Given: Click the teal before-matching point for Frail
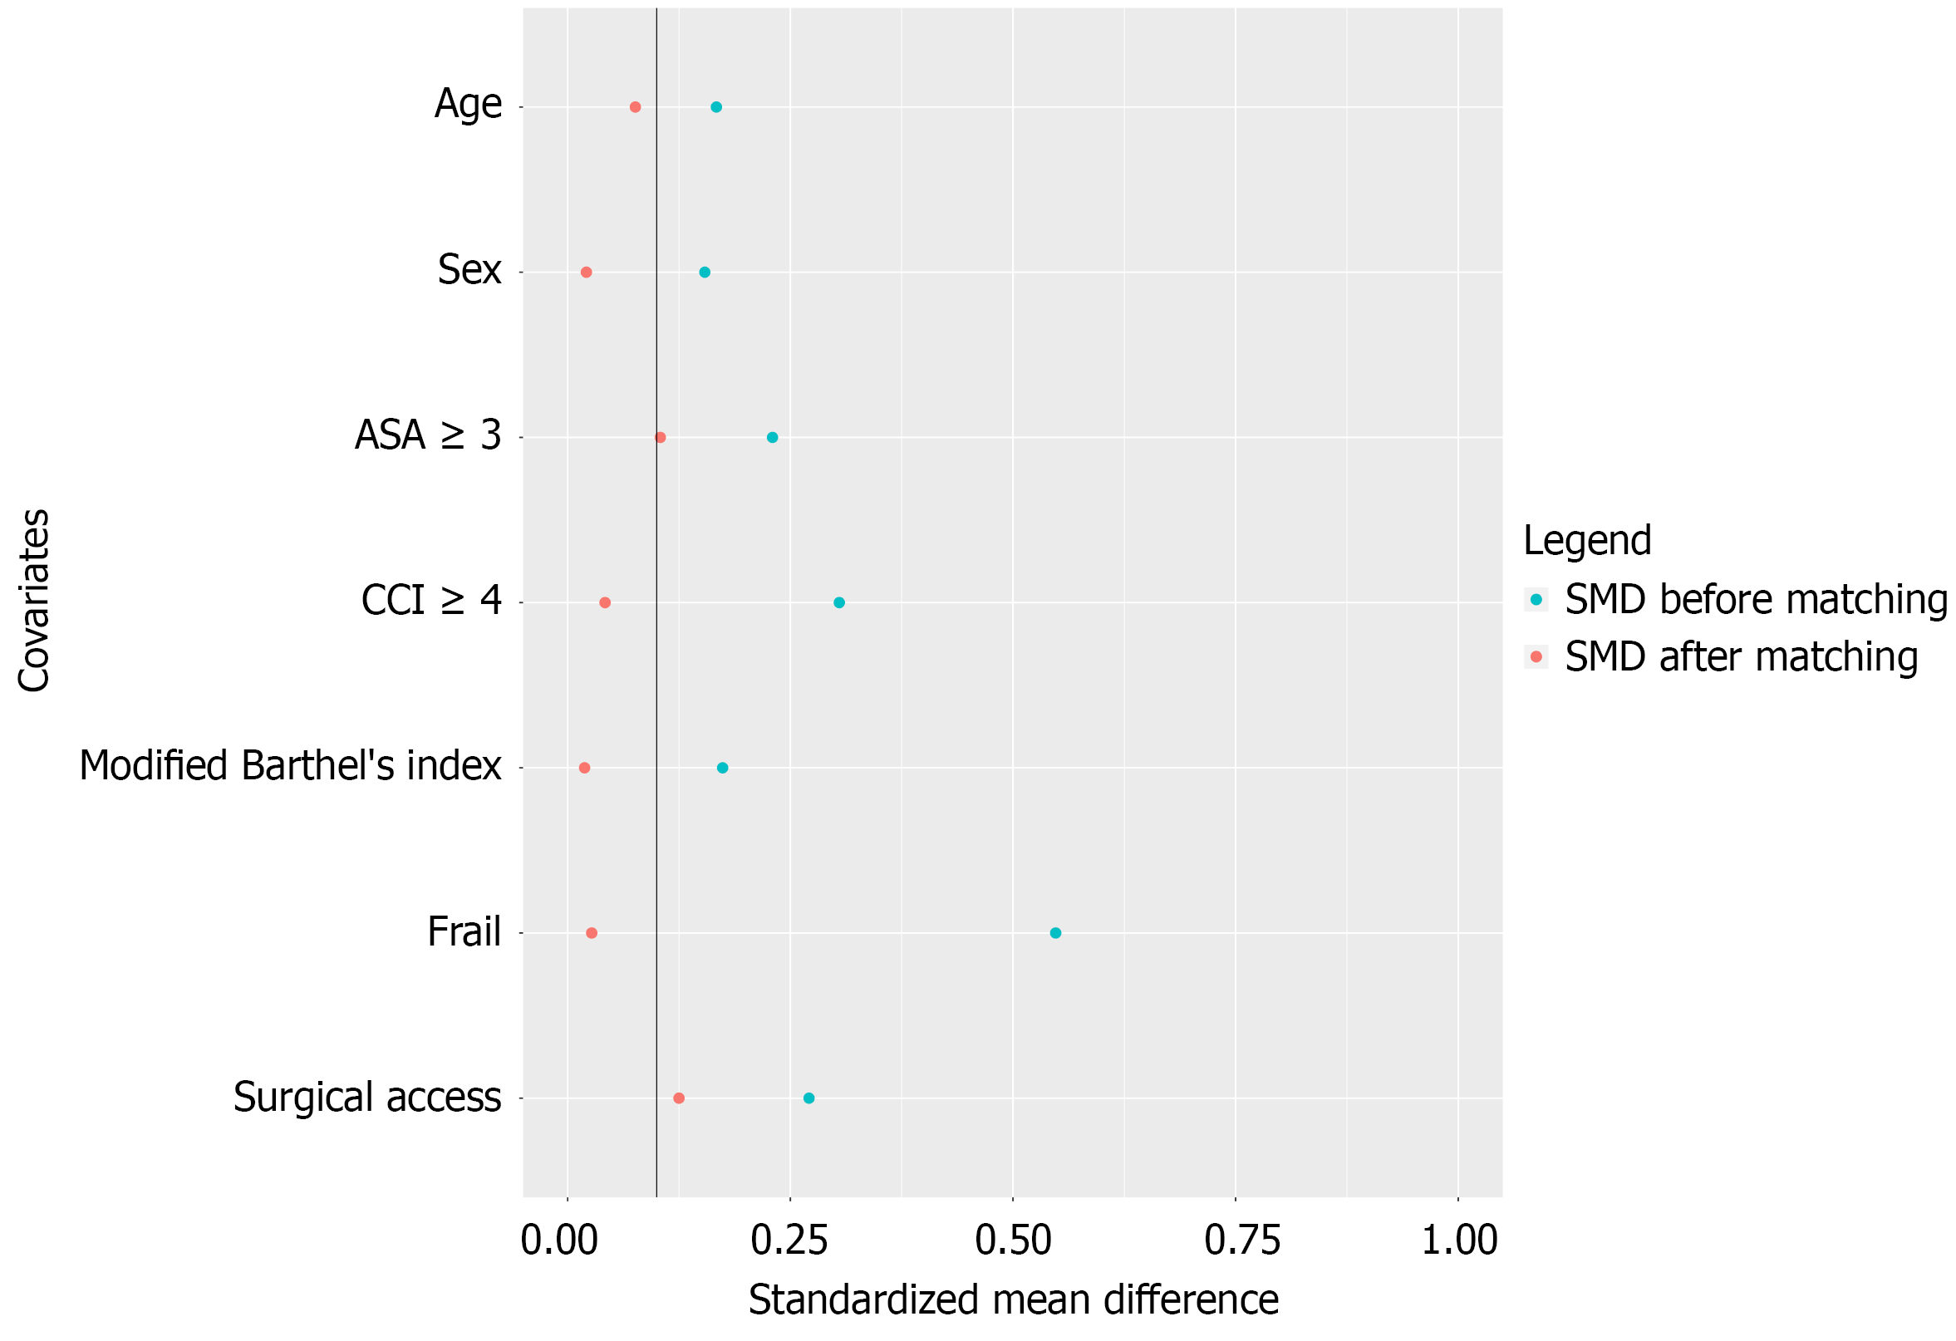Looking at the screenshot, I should pos(1055,933).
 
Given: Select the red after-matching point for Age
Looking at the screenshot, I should pos(636,107).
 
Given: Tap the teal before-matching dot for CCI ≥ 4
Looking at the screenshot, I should pos(839,602).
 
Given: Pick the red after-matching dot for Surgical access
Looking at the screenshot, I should pos(679,1098).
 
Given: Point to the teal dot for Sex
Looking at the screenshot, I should pos(705,272).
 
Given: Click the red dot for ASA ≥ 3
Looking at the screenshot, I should pos(661,438).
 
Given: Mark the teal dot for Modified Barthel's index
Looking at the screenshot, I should pos(722,768).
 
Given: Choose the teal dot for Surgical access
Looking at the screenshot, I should pos(808,1098).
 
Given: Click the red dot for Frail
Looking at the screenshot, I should pos(592,933).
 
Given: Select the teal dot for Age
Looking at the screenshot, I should pos(716,107).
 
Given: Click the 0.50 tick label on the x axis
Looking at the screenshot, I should pos(1013,1240).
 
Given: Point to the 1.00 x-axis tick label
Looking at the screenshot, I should pos(1459,1240).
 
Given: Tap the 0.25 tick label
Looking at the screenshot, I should pos(789,1240).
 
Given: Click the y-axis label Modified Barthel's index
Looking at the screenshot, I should pos(290,766).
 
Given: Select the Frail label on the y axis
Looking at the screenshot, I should pos(464,932).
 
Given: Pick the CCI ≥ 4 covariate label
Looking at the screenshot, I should pos(431,601).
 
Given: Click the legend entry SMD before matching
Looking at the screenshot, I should pos(1755,599).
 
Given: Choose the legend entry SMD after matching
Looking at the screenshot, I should pos(1741,656).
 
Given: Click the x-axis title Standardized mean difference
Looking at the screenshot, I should pos(1014,1300).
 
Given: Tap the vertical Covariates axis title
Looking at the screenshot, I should pos(34,600).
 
